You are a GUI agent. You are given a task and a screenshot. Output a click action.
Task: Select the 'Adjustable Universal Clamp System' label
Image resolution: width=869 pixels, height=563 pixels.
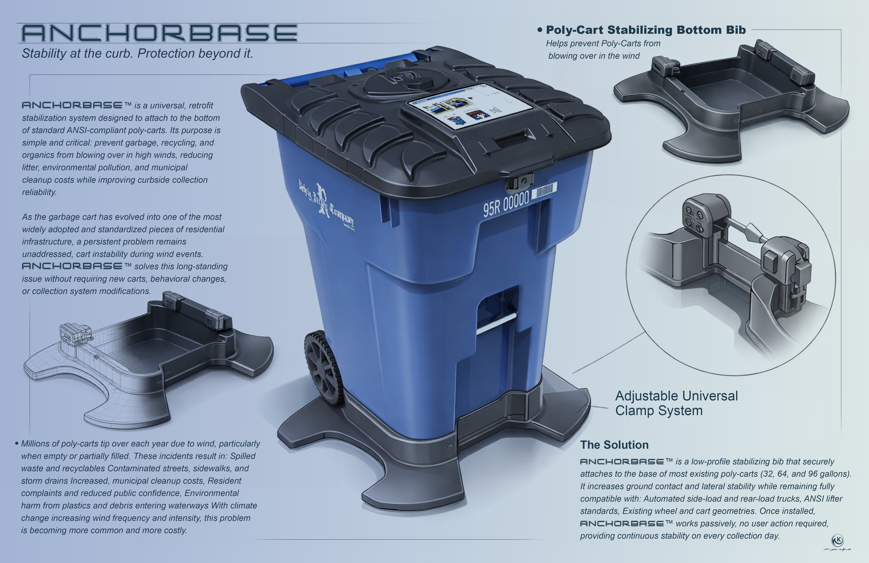676,403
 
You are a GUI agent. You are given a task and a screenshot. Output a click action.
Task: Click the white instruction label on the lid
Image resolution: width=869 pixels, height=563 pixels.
470,106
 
